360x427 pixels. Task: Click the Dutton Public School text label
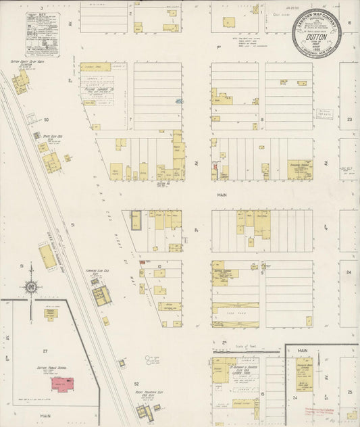coord(50,369)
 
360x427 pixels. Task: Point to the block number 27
coord(45,351)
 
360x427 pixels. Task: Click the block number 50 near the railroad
coord(47,120)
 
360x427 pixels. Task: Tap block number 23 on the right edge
coord(349,119)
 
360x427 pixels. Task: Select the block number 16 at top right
coord(349,22)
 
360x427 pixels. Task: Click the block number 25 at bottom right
coord(350,392)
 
